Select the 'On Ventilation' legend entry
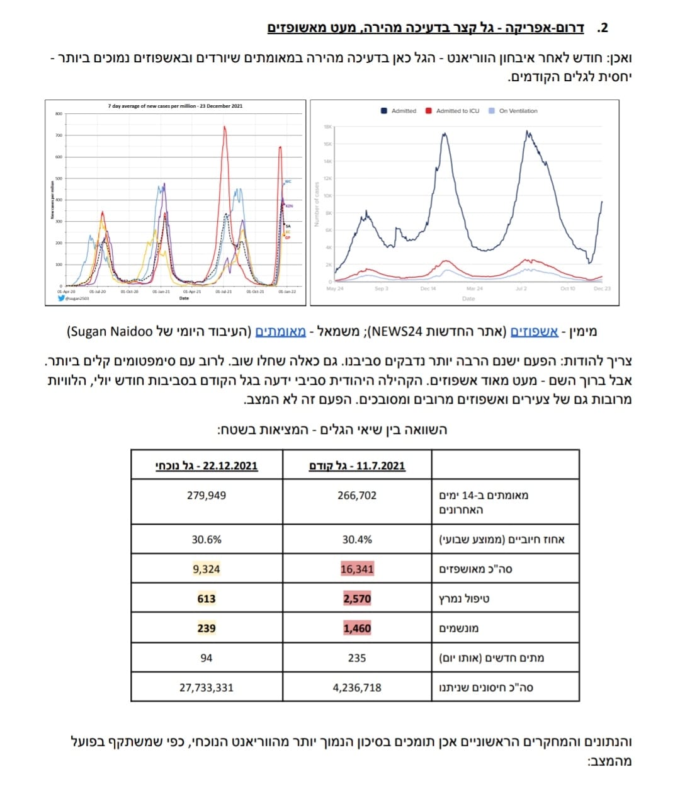518,111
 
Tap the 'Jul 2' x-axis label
521,288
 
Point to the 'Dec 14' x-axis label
428,288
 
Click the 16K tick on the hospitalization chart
327,144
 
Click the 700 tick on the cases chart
59,135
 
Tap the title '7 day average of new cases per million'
175,106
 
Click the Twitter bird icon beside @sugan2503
60,299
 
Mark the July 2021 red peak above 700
224,128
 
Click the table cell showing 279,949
207,496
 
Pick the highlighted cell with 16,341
357,569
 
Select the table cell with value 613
207,599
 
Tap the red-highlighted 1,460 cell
357,629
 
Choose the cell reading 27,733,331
207,688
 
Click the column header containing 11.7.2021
357,466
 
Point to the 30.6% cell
207,540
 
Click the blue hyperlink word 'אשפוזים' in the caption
534,332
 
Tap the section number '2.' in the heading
603,28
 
